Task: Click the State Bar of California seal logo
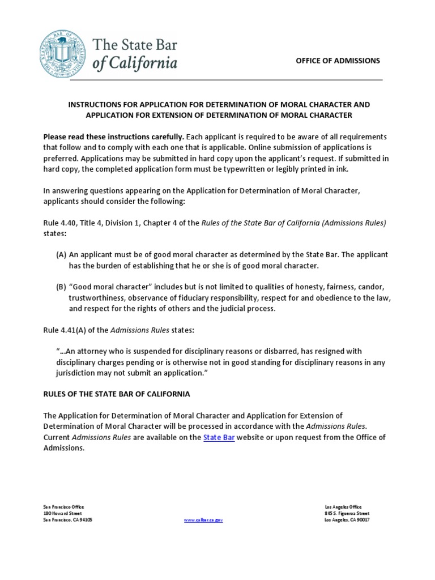pyautogui.click(x=63, y=50)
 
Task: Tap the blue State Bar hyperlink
pyautogui.click(x=219, y=437)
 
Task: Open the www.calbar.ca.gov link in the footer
pyautogui.click(x=203, y=520)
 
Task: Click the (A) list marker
pyautogui.click(x=61, y=255)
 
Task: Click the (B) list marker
pyautogui.click(x=61, y=287)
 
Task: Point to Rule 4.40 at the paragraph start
pyautogui.click(x=61, y=223)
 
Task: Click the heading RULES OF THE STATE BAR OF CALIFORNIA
pyautogui.click(x=117, y=394)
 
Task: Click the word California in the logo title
pyautogui.click(x=142, y=62)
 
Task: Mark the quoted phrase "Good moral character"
pyautogui.click(x=105, y=287)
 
